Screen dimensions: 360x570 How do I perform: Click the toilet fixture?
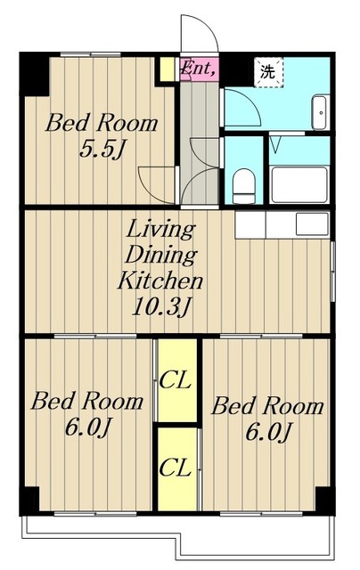click(x=243, y=187)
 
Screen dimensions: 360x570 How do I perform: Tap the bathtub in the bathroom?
click(x=299, y=185)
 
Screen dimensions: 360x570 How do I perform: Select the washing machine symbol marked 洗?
click(x=268, y=73)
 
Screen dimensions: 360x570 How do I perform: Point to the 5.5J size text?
click(x=102, y=149)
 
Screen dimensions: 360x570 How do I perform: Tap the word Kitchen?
click(x=160, y=281)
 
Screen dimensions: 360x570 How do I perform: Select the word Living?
click(x=160, y=230)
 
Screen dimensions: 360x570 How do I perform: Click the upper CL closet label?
click(x=176, y=380)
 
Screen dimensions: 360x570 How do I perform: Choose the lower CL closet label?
click(x=176, y=468)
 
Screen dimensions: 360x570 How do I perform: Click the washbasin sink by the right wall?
click(x=321, y=112)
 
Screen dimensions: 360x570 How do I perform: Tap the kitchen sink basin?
click(x=312, y=224)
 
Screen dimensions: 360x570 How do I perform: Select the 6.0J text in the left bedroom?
click(x=87, y=428)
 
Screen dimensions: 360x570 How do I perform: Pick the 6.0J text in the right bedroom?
click(x=267, y=433)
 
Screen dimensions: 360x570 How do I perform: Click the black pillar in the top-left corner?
click(x=34, y=74)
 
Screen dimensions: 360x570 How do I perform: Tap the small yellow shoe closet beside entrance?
click(x=168, y=69)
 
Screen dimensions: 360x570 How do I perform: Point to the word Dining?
click(x=161, y=256)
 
